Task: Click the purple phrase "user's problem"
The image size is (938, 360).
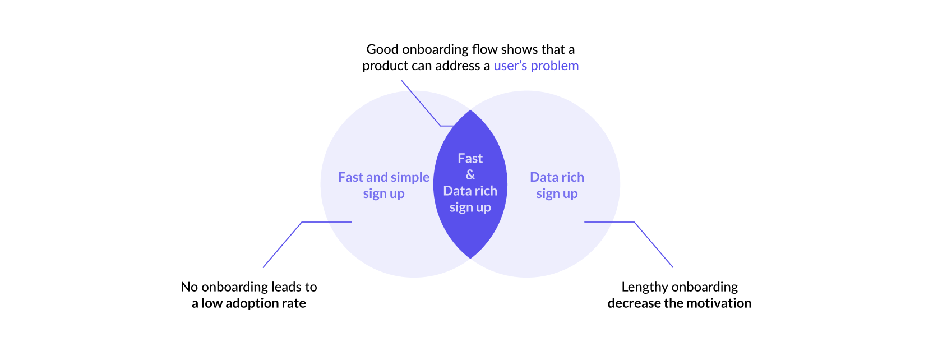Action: tap(535, 66)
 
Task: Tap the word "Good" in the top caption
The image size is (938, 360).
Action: tap(382, 49)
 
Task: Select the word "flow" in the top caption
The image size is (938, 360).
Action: tap(485, 49)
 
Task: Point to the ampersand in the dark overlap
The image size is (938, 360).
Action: tap(470, 175)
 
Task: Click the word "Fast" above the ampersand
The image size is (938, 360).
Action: tap(470, 159)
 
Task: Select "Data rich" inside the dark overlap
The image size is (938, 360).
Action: tap(470, 191)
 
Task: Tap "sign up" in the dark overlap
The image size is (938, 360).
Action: tap(470, 207)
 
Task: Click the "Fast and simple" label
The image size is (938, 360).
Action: tap(383, 177)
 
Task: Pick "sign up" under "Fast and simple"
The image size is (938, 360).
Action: tap(383, 194)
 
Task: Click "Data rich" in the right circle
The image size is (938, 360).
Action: tap(557, 177)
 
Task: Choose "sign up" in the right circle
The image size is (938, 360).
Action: tap(557, 194)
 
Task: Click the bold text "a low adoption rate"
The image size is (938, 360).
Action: tap(249, 303)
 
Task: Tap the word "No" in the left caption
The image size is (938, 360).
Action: tap(189, 287)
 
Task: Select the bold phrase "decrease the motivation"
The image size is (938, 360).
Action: tap(679, 303)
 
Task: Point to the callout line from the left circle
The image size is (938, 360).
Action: tap(282, 245)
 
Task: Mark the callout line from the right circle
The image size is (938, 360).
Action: tap(654, 245)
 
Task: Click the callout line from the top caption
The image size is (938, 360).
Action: tap(421, 103)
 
